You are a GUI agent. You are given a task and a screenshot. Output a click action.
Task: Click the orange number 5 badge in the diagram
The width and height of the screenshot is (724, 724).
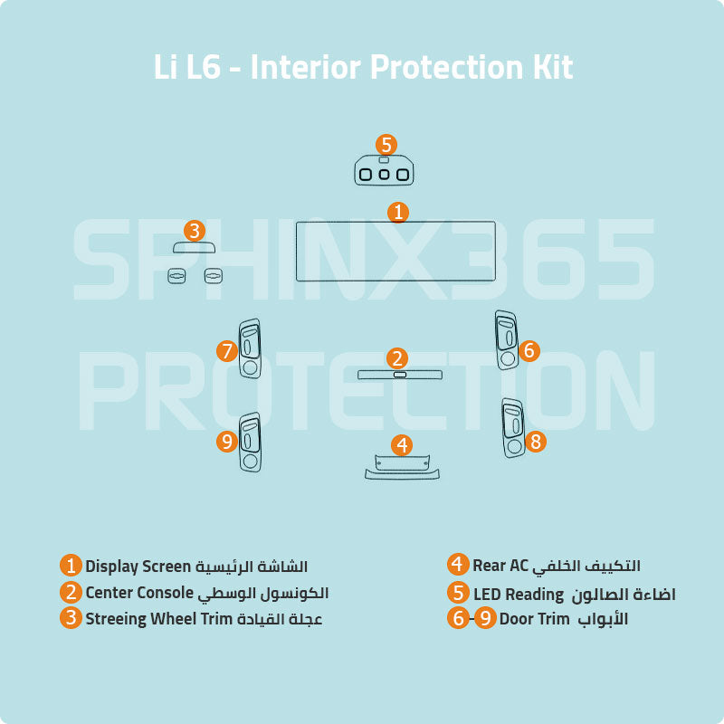[386, 145]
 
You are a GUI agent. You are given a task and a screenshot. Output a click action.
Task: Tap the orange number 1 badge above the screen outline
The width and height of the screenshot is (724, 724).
[398, 213]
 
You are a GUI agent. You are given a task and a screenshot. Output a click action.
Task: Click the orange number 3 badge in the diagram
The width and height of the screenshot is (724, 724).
[195, 231]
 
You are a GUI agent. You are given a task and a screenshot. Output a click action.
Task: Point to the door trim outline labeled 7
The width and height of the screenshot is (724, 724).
[241, 349]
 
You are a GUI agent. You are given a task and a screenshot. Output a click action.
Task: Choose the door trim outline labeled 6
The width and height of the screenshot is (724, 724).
[498, 340]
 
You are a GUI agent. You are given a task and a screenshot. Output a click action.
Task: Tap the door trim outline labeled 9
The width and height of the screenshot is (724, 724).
[241, 443]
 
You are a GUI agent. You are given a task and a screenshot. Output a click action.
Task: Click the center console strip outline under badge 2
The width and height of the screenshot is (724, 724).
[400, 372]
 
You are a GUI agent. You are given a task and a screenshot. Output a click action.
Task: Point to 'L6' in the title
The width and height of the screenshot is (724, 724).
[203, 67]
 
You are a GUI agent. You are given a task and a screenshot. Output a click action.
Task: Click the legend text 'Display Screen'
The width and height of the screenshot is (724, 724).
[138, 567]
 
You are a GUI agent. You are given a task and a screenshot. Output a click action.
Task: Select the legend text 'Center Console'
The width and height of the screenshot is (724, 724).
[139, 593]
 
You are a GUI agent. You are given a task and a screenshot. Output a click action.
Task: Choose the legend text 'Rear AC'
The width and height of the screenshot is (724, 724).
[500, 565]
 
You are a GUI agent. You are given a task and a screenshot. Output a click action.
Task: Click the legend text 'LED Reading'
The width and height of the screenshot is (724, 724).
[519, 595]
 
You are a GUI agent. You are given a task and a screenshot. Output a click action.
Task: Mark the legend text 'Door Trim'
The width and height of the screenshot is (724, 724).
[534, 619]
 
